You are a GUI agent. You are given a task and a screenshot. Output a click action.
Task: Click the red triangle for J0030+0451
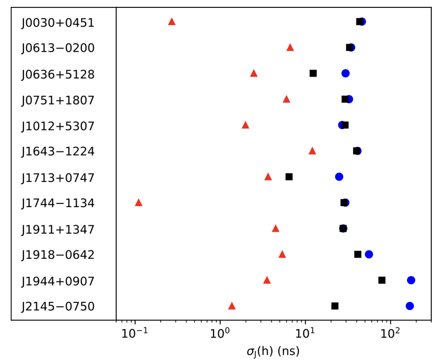172,22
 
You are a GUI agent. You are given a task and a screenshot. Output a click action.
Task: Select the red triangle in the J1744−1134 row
138,202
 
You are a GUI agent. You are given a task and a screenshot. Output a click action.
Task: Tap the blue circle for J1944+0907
411,280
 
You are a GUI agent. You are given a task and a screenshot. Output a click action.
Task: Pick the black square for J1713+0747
289,176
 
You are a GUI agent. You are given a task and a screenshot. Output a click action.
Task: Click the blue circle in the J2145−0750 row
410,306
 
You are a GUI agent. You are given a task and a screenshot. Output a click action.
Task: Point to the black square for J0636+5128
313,73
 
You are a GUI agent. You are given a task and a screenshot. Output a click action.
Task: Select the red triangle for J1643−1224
312,151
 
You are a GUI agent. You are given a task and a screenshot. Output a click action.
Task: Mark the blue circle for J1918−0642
369,254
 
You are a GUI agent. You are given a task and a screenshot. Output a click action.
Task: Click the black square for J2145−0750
335,306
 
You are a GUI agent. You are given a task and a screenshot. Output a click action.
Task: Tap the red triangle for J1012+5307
246,125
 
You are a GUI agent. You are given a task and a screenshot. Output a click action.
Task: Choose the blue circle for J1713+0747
339,176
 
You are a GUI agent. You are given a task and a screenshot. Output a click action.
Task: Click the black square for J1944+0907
382,280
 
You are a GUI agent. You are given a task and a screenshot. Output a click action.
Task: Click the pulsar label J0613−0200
58,48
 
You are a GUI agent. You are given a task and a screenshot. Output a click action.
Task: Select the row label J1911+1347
58,229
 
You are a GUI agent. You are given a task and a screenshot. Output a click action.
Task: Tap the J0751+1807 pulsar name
58,99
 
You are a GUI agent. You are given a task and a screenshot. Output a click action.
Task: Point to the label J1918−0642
58,255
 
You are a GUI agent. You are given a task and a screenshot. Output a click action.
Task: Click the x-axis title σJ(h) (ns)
273,351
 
